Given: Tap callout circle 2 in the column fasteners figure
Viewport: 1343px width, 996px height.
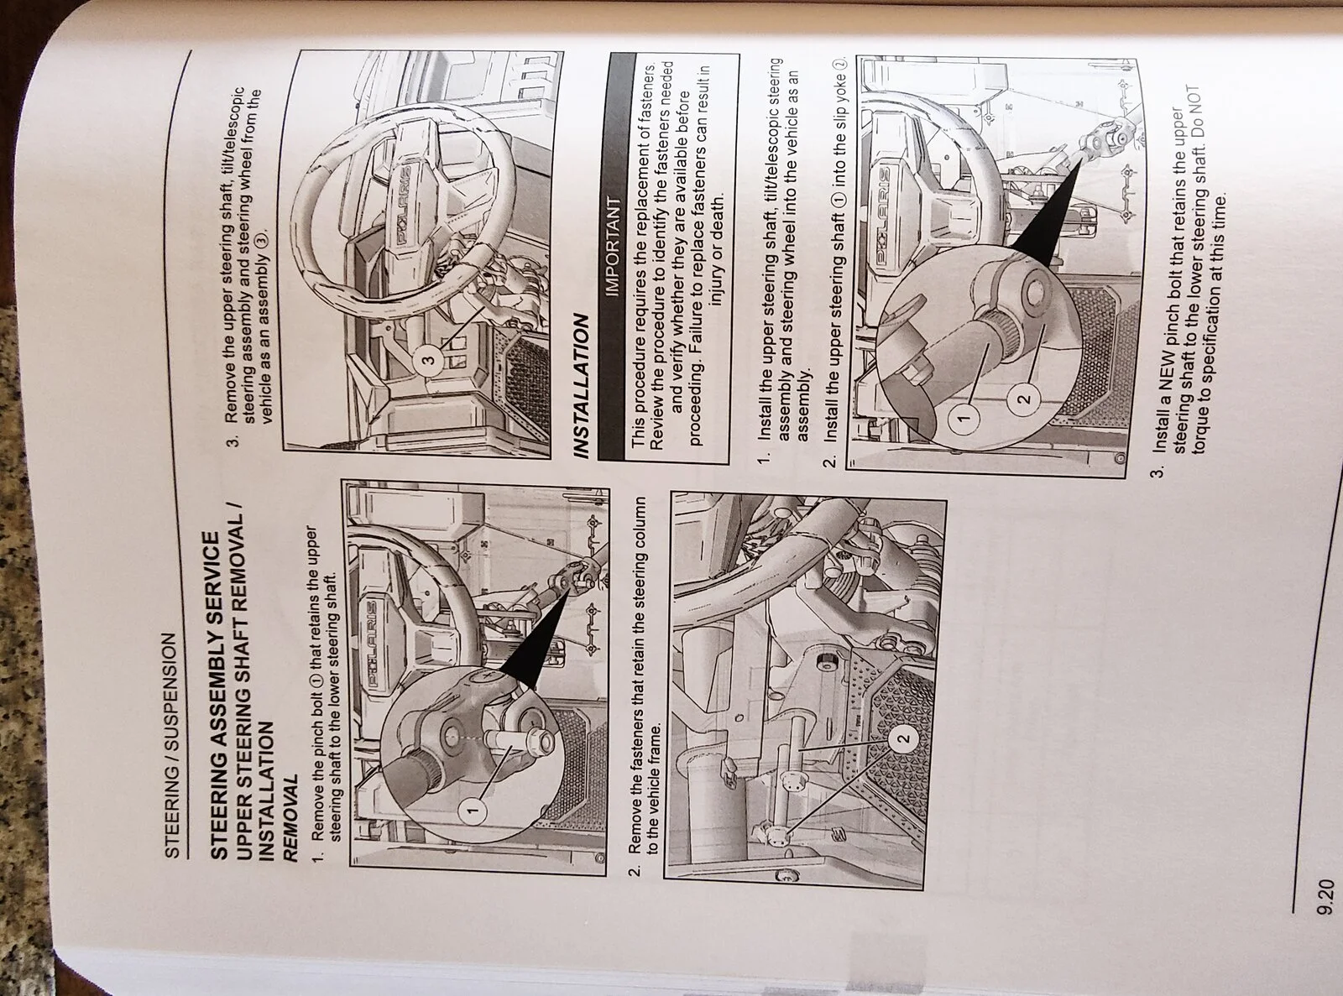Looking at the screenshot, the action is [x=903, y=738].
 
